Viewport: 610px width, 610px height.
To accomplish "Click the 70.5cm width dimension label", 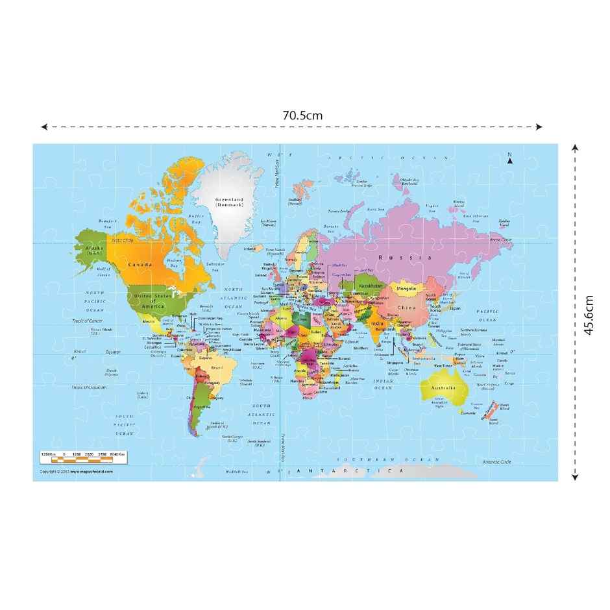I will [x=302, y=115].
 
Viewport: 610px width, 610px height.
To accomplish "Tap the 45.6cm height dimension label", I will [x=589, y=315].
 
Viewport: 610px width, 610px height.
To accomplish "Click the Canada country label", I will [x=140, y=265].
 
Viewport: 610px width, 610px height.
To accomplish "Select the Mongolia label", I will [x=406, y=288].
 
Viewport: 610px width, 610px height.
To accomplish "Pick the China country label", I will [x=406, y=307].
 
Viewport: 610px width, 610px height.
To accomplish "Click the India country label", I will [x=376, y=323].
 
